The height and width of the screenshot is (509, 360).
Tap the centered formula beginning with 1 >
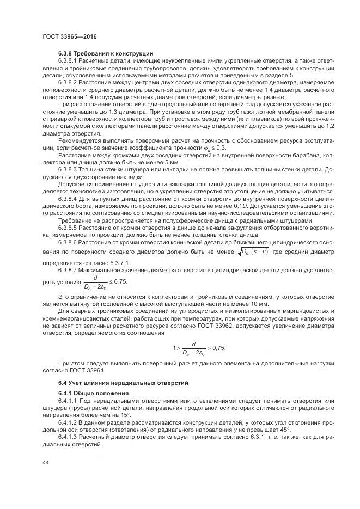(x=199, y=347)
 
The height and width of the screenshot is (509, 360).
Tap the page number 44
(x=45, y=463)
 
